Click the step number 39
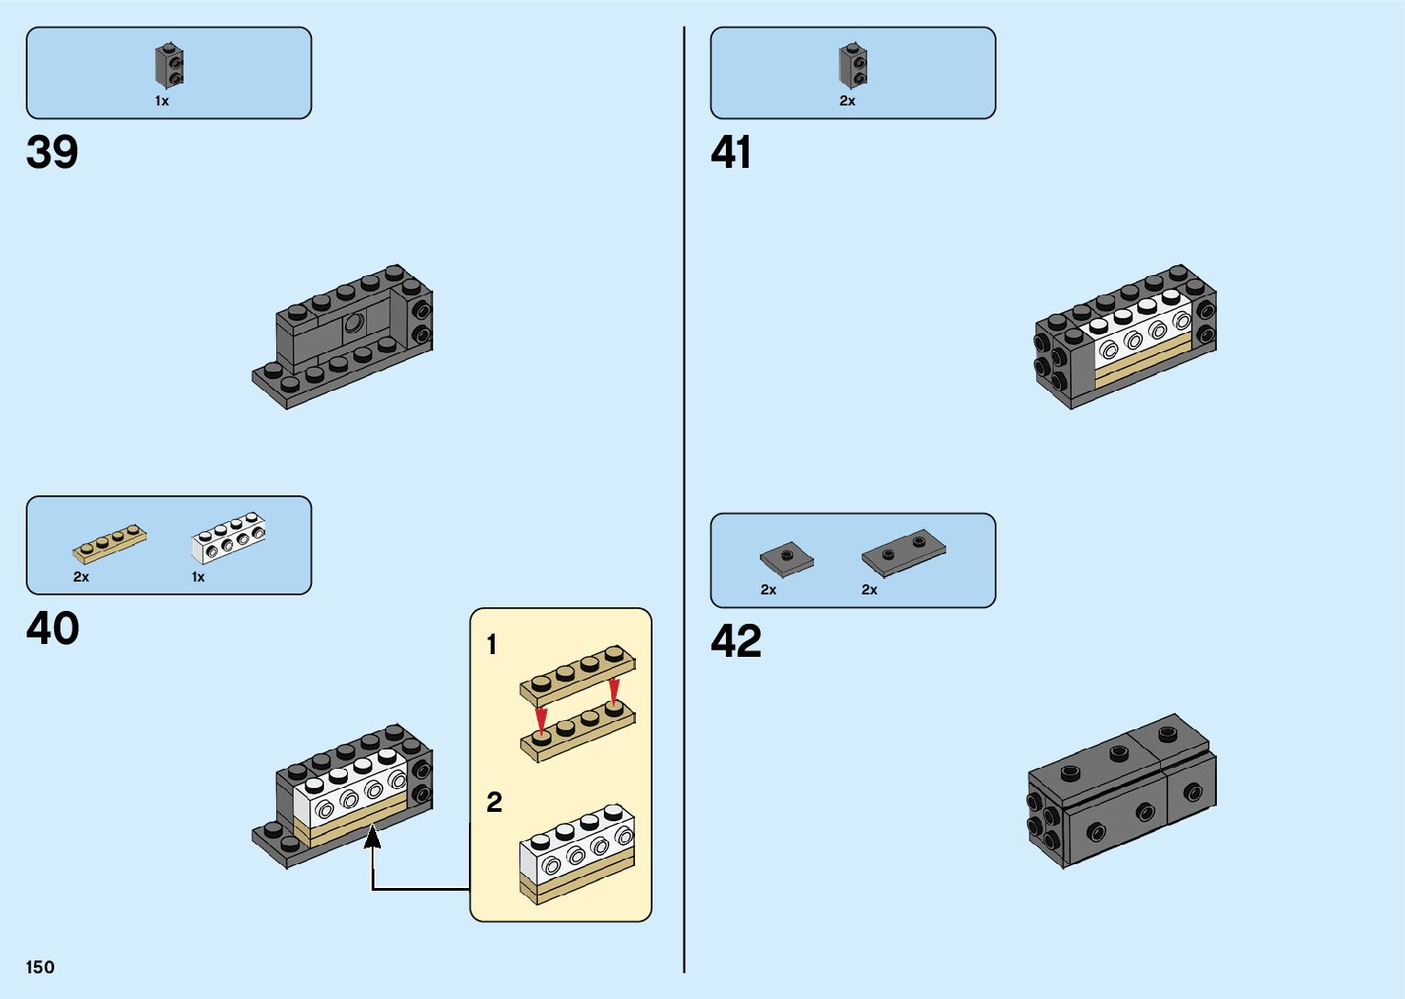(52, 152)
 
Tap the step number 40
(52, 629)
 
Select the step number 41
(730, 152)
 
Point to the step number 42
(736, 641)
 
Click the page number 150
(40, 967)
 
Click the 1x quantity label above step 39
(162, 101)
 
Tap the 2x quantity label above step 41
(847, 101)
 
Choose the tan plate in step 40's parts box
(109, 544)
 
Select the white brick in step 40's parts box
(229, 538)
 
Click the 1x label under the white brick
(198, 577)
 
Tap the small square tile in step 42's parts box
(786, 558)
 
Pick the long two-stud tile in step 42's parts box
(903, 550)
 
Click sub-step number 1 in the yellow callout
(492, 645)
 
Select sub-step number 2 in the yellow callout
(494, 803)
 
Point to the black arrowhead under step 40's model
(373, 837)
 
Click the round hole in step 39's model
(353, 323)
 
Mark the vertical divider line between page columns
(684, 499)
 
